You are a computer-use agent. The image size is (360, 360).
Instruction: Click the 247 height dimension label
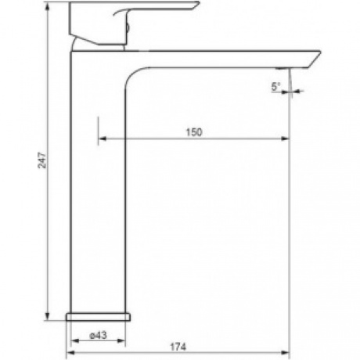tap(42, 160)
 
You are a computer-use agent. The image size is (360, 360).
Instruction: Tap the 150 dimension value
tap(194, 132)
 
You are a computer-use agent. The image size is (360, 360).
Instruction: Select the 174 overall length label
tap(178, 347)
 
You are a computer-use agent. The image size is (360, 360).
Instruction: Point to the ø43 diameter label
tap(99, 335)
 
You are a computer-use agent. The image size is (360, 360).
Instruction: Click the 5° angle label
tap(275, 87)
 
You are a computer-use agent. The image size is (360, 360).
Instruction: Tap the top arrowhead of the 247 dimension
tap(47, 6)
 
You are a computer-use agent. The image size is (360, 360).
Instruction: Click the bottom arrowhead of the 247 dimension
tap(47, 316)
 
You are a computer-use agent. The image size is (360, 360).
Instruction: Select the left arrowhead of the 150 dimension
tap(103, 139)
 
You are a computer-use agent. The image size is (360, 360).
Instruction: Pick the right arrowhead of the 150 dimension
tap(286, 139)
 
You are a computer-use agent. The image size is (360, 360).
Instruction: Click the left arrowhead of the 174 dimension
tap(71, 353)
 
